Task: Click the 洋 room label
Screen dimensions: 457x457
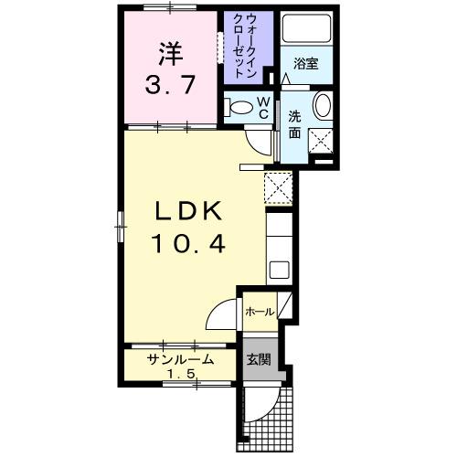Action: (166, 53)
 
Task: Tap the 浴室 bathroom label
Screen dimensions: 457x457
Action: (304, 64)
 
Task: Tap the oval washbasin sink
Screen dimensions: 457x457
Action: (323, 106)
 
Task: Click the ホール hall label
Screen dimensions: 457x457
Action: (259, 312)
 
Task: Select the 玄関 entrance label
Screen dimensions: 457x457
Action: (258, 359)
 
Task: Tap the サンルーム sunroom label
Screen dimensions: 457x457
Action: (181, 359)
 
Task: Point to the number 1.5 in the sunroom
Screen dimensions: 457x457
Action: (181, 375)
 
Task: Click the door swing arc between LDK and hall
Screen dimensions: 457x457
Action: (222, 316)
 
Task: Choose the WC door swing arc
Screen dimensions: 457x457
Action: (261, 140)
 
